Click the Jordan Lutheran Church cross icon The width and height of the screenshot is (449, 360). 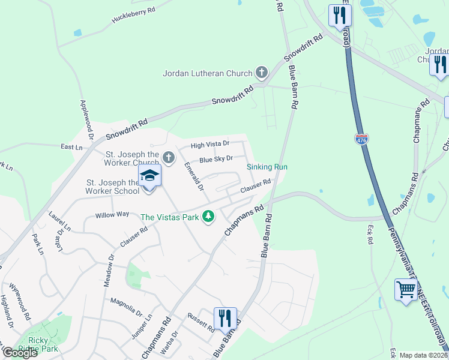(x=261, y=73)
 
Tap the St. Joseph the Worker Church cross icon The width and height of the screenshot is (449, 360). (x=169, y=158)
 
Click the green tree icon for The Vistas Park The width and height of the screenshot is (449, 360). (x=208, y=216)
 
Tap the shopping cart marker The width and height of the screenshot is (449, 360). (x=406, y=290)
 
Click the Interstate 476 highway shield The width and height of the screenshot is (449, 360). (x=361, y=139)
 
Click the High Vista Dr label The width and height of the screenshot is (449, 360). (x=210, y=145)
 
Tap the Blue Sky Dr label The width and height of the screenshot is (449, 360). (x=216, y=160)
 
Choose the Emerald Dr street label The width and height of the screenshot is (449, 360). (x=194, y=175)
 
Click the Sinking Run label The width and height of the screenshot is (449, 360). (x=268, y=167)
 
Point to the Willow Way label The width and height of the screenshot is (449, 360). (x=112, y=214)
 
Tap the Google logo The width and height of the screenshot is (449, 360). (x=20, y=353)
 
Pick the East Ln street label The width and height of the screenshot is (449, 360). (x=71, y=147)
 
